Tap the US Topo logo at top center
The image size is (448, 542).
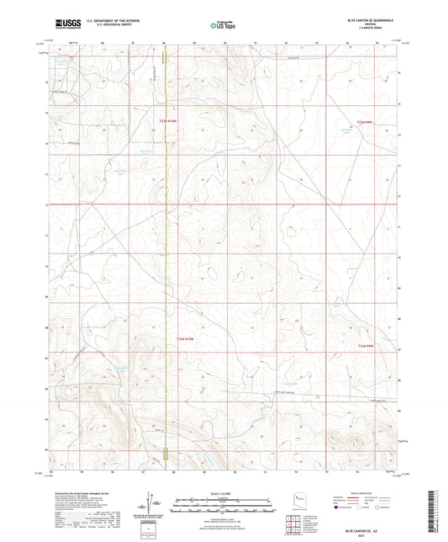coord(223,25)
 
